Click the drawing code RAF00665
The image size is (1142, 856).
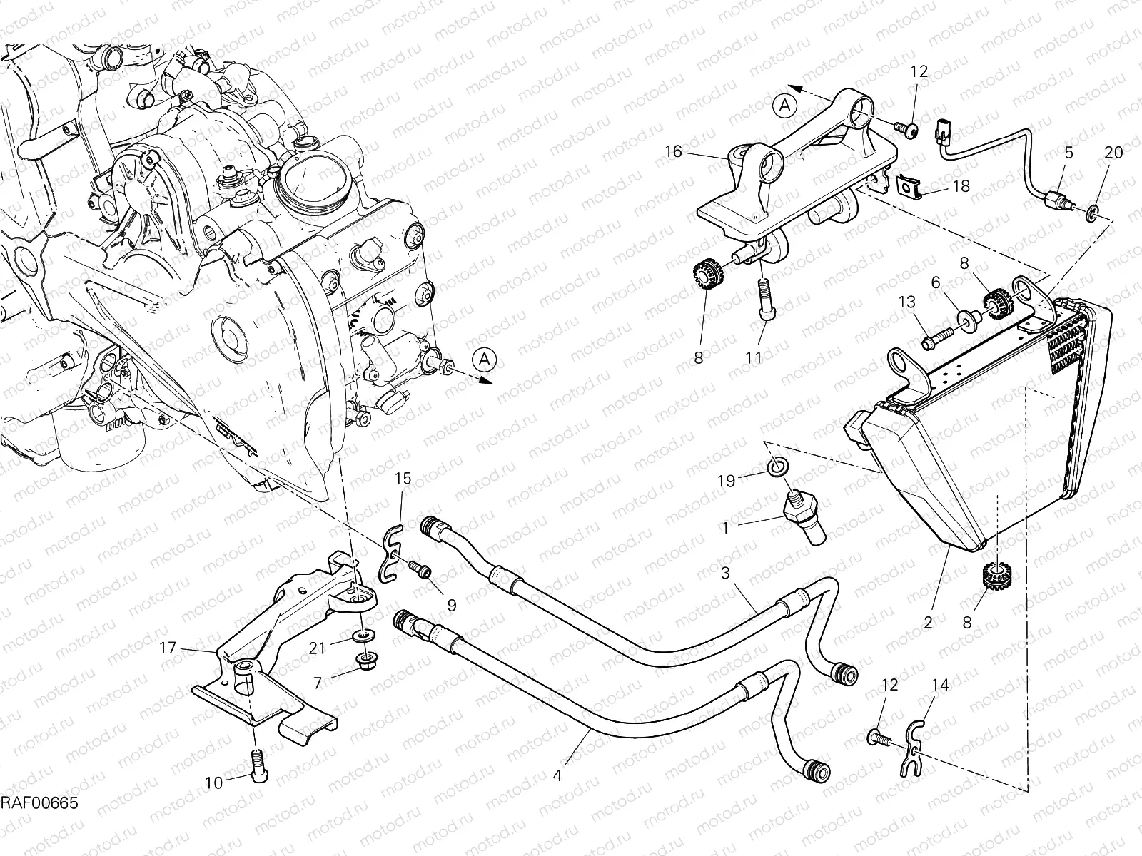point(39,804)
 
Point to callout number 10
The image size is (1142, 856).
point(214,783)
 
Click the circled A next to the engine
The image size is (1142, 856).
point(485,358)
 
